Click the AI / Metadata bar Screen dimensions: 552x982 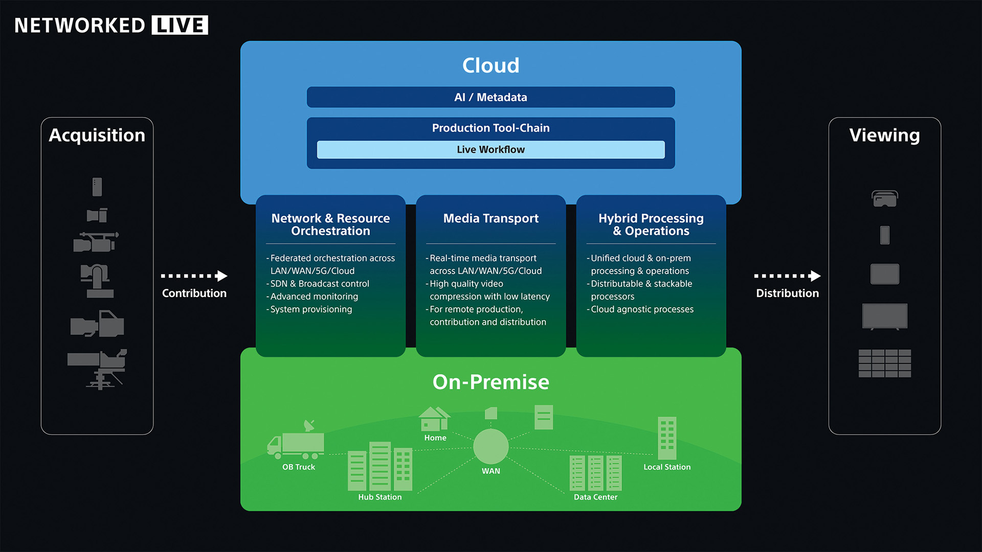490,97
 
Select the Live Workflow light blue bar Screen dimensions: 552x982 490,149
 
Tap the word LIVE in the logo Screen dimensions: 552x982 180,25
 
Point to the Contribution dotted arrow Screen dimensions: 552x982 194,276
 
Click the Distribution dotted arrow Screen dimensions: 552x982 787,276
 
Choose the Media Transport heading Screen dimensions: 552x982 490,218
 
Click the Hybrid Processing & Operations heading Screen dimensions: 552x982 651,224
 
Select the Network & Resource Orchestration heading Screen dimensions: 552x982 330,224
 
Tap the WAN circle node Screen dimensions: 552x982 490,446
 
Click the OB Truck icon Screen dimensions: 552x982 296,443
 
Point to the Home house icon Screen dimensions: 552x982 434,419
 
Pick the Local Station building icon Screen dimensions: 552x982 667,438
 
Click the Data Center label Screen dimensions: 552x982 595,497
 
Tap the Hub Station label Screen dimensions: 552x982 380,497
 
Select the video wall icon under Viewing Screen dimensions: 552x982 884,363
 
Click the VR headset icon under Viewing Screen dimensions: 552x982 884,198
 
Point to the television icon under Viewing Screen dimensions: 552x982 884,316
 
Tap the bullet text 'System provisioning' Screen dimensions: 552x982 311,309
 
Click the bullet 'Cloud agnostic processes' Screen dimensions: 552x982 642,309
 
